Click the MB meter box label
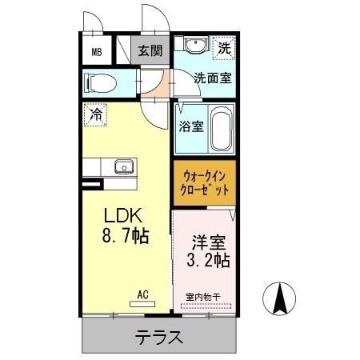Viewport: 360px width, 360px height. point(96,53)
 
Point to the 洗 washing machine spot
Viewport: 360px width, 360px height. point(224,48)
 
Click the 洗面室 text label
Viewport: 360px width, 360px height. point(213,78)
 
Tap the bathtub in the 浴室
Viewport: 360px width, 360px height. point(222,130)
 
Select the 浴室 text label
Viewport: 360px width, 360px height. point(190,126)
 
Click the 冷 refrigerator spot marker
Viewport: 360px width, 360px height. point(95,115)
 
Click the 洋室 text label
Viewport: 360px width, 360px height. point(206,241)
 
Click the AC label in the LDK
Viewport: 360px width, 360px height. point(143,294)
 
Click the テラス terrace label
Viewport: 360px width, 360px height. point(159,337)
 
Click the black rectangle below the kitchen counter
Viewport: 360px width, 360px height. point(92,186)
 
